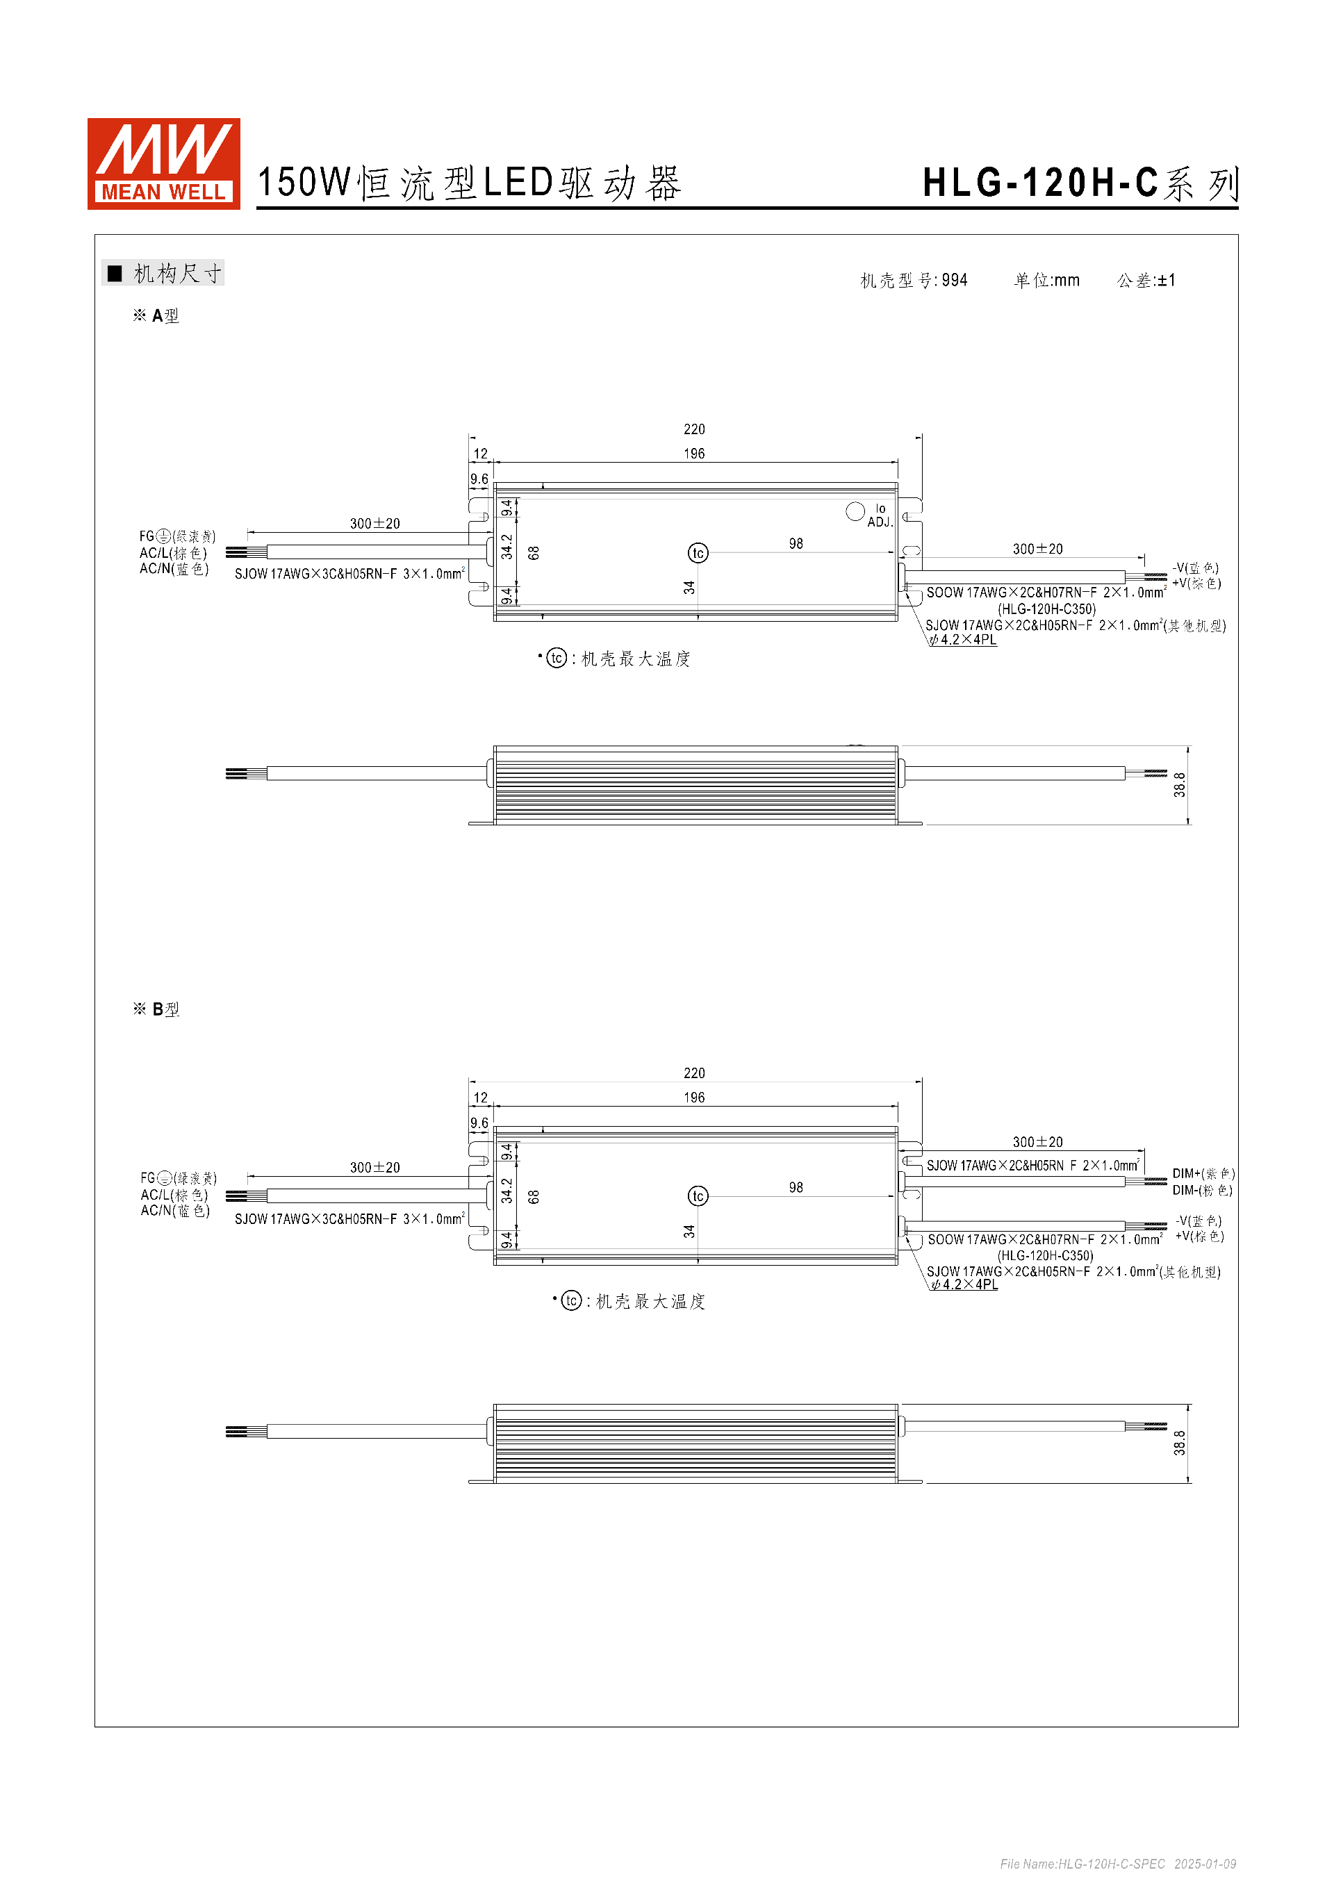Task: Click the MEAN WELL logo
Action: coord(163,163)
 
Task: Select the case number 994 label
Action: coord(914,281)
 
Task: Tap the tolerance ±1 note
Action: coord(1146,281)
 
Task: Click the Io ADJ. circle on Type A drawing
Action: coord(855,511)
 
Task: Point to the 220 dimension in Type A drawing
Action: coord(694,429)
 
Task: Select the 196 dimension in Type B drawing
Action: coord(694,1098)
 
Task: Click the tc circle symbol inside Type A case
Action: coord(698,553)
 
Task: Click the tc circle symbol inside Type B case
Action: coord(698,1196)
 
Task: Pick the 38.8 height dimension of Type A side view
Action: coord(1180,784)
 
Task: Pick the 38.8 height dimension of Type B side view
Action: coord(1180,1444)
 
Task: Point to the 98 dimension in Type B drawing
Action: coord(795,1188)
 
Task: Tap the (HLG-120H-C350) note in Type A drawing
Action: coord(1046,609)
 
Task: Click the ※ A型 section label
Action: coord(156,316)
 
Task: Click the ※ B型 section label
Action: coord(156,1009)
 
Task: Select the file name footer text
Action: coord(1117,1864)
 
